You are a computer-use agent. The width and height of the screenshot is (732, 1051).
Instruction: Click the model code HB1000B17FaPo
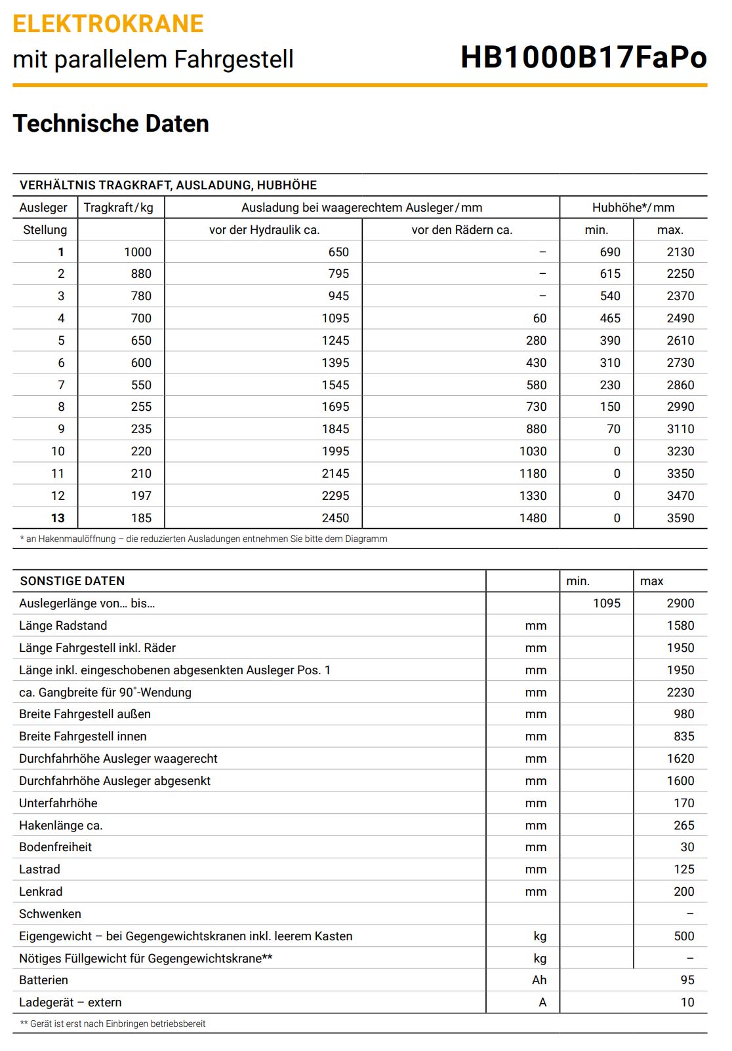(x=583, y=57)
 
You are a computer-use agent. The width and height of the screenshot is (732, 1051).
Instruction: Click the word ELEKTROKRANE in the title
(x=108, y=24)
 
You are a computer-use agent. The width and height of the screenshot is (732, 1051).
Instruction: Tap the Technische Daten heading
(x=111, y=124)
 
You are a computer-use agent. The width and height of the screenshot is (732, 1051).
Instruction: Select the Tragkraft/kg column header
(x=119, y=208)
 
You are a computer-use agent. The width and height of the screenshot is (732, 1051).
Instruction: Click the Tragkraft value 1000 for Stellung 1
(x=138, y=252)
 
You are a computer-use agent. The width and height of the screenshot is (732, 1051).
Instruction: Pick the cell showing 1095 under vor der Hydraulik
(x=335, y=318)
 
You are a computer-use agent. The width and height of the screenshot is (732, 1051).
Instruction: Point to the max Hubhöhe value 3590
(x=680, y=518)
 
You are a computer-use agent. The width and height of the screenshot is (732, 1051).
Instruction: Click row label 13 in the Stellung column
(x=58, y=518)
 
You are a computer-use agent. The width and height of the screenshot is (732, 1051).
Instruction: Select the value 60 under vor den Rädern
(x=539, y=318)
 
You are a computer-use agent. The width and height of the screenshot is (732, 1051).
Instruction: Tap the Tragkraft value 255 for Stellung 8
(x=141, y=407)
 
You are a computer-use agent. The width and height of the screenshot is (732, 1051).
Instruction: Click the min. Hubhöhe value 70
(x=613, y=429)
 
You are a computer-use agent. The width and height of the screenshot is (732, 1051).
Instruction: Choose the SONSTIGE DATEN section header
(x=72, y=581)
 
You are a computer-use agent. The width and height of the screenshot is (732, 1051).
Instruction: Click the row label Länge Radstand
(x=63, y=626)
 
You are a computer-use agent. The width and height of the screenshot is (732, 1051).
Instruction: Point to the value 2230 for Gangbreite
(x=680, y=693)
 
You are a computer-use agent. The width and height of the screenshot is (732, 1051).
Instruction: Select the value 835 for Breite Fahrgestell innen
(x=683, y=736)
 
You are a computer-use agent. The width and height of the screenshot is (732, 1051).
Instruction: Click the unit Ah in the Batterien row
(x=539, y=980)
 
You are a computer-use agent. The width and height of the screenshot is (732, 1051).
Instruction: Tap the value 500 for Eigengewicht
(x=683, y=936)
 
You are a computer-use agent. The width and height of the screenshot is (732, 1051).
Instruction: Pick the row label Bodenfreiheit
(x=55, y=847)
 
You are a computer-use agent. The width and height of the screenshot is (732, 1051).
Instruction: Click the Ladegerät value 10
(x=687, y=1003)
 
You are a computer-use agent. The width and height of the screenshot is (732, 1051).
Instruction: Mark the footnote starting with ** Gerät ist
(x=113, y=1024)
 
